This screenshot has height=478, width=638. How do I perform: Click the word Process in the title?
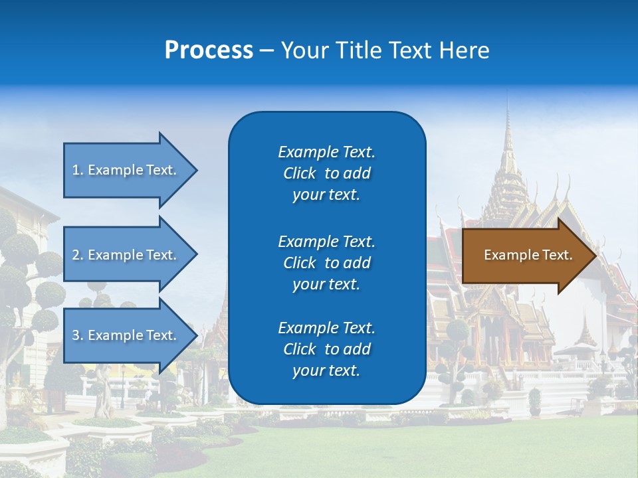coord(209,50)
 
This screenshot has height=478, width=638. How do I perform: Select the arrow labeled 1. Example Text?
coord(126,170)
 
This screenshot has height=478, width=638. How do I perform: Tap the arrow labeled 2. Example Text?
coord(126,255)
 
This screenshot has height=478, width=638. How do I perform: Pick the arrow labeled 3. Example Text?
coord(126,335)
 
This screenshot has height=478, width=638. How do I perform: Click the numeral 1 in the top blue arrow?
coord(76,170)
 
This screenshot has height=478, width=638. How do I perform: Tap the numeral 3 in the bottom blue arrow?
coord(76,335)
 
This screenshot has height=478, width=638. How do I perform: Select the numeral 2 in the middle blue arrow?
coord(76,255)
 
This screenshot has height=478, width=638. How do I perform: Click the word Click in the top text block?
coord(299,173)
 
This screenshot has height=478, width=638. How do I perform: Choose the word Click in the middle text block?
coord(299,263)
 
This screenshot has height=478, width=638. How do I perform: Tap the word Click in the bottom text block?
coord(299,349)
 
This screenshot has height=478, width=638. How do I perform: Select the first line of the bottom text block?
coord(326,328)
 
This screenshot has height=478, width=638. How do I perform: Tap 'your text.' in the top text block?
coord(326,195)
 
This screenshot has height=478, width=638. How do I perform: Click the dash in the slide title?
coord(266,51)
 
